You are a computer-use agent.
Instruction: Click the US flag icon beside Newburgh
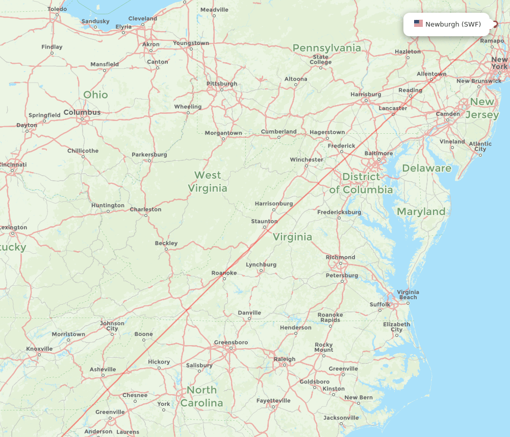tap(418, 23)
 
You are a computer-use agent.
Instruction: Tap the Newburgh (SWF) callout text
tap(453, 24)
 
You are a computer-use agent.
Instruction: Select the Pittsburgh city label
tap(221, 84)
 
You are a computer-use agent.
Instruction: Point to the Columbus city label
tap(82, 112)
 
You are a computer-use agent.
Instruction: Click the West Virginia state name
tap(208, 182)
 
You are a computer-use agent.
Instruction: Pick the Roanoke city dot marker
tap(224, 279)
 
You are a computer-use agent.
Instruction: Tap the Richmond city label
tap(340, 257)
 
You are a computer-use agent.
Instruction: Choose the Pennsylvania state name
tap(326, 48)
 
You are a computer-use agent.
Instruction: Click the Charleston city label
tap(145, 209)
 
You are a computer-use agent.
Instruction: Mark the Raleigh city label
tap(284, 359)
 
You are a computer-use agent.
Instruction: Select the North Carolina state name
tap(201, 397)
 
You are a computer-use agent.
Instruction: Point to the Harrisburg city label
tap(366, 94)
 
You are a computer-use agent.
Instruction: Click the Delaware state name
tap(426, 168)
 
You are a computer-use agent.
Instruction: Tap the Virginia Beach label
tap(407, 295)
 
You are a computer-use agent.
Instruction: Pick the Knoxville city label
tap(39, 349)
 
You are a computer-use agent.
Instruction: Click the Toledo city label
tap(57, 9)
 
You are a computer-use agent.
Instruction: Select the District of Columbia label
tap(361, 183)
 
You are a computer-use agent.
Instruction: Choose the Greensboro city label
tap(231, 343)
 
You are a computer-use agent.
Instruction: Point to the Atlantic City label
tap(480, 147)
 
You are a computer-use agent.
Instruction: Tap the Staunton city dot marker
tap(265, 227)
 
